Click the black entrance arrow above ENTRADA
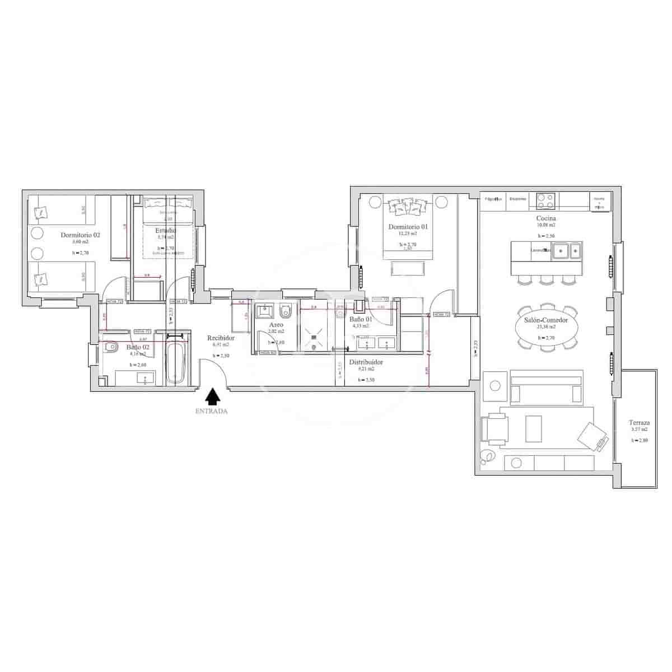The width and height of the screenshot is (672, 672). coord(212,397)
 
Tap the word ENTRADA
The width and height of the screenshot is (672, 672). coord(211,411)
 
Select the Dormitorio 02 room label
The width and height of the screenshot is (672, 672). coord(80,235)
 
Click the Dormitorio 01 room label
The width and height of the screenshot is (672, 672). coord(408,227)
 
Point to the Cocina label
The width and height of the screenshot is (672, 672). coord(545,218)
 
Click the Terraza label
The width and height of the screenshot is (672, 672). coord(639,423)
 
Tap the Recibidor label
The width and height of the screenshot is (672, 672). coord(221,338)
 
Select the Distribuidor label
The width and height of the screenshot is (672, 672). coord(366,362)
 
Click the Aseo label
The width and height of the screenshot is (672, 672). coord(276,325)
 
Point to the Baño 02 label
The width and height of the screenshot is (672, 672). coord(137,347)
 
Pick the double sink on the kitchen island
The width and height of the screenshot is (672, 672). coord(567,251)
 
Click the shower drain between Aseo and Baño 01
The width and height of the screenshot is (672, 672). coord(314,330)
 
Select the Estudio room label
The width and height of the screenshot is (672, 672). coord(166,230)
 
